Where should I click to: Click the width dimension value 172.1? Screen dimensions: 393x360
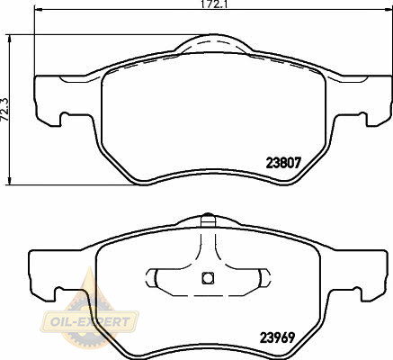[213, 4]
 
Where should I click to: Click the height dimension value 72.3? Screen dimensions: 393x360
[4, 110]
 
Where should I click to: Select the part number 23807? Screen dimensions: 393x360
[283, 163]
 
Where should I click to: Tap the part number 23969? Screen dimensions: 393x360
[277, 338]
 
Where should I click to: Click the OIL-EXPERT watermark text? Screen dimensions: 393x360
[90, 322]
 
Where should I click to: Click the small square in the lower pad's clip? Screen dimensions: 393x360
[208, 278]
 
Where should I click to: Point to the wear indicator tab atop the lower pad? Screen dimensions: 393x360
[208, 220]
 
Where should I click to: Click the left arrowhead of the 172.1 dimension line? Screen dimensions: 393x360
[39, 11]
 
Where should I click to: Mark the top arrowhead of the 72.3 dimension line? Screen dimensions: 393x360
[10, 40]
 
